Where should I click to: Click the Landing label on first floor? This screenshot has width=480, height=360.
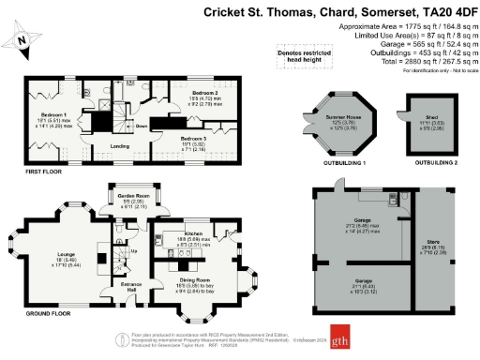tap(119, 145)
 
